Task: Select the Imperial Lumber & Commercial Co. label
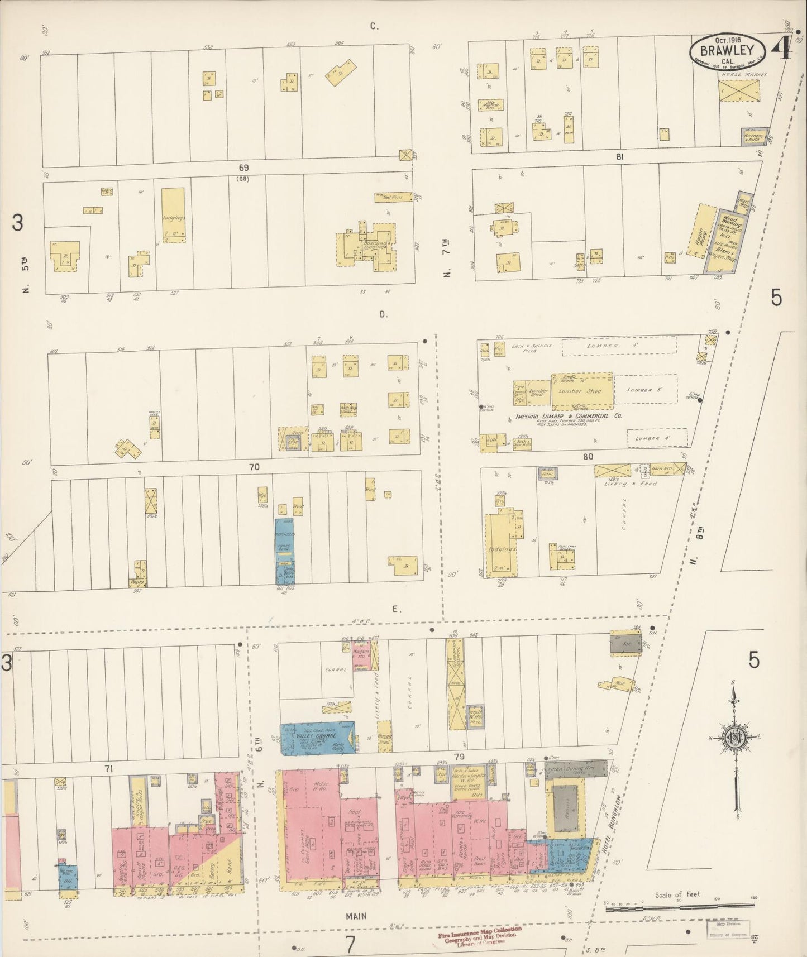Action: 569,416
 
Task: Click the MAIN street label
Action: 355,916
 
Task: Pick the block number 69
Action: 243,168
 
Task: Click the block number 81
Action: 619,157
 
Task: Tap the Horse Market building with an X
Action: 739,89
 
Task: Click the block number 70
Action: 254,467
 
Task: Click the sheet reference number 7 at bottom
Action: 350,944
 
